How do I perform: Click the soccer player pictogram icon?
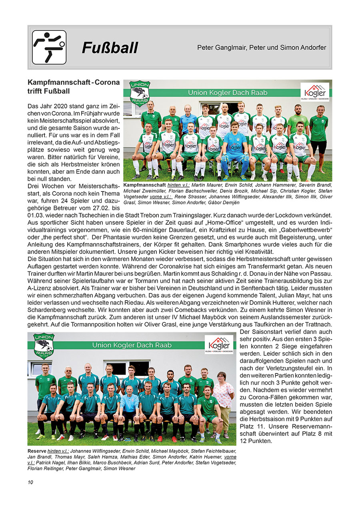49,47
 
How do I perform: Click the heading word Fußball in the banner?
110,48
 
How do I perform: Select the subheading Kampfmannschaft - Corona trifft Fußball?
73,86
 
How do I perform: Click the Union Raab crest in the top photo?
140,94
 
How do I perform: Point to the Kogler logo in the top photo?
314,92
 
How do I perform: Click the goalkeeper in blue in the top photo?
235,150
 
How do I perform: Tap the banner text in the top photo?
228,93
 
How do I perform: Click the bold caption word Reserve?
36,451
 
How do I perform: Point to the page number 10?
30,482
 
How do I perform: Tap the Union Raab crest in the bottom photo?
44,346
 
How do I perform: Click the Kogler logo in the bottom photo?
219,345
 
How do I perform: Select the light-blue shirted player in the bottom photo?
129,404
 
